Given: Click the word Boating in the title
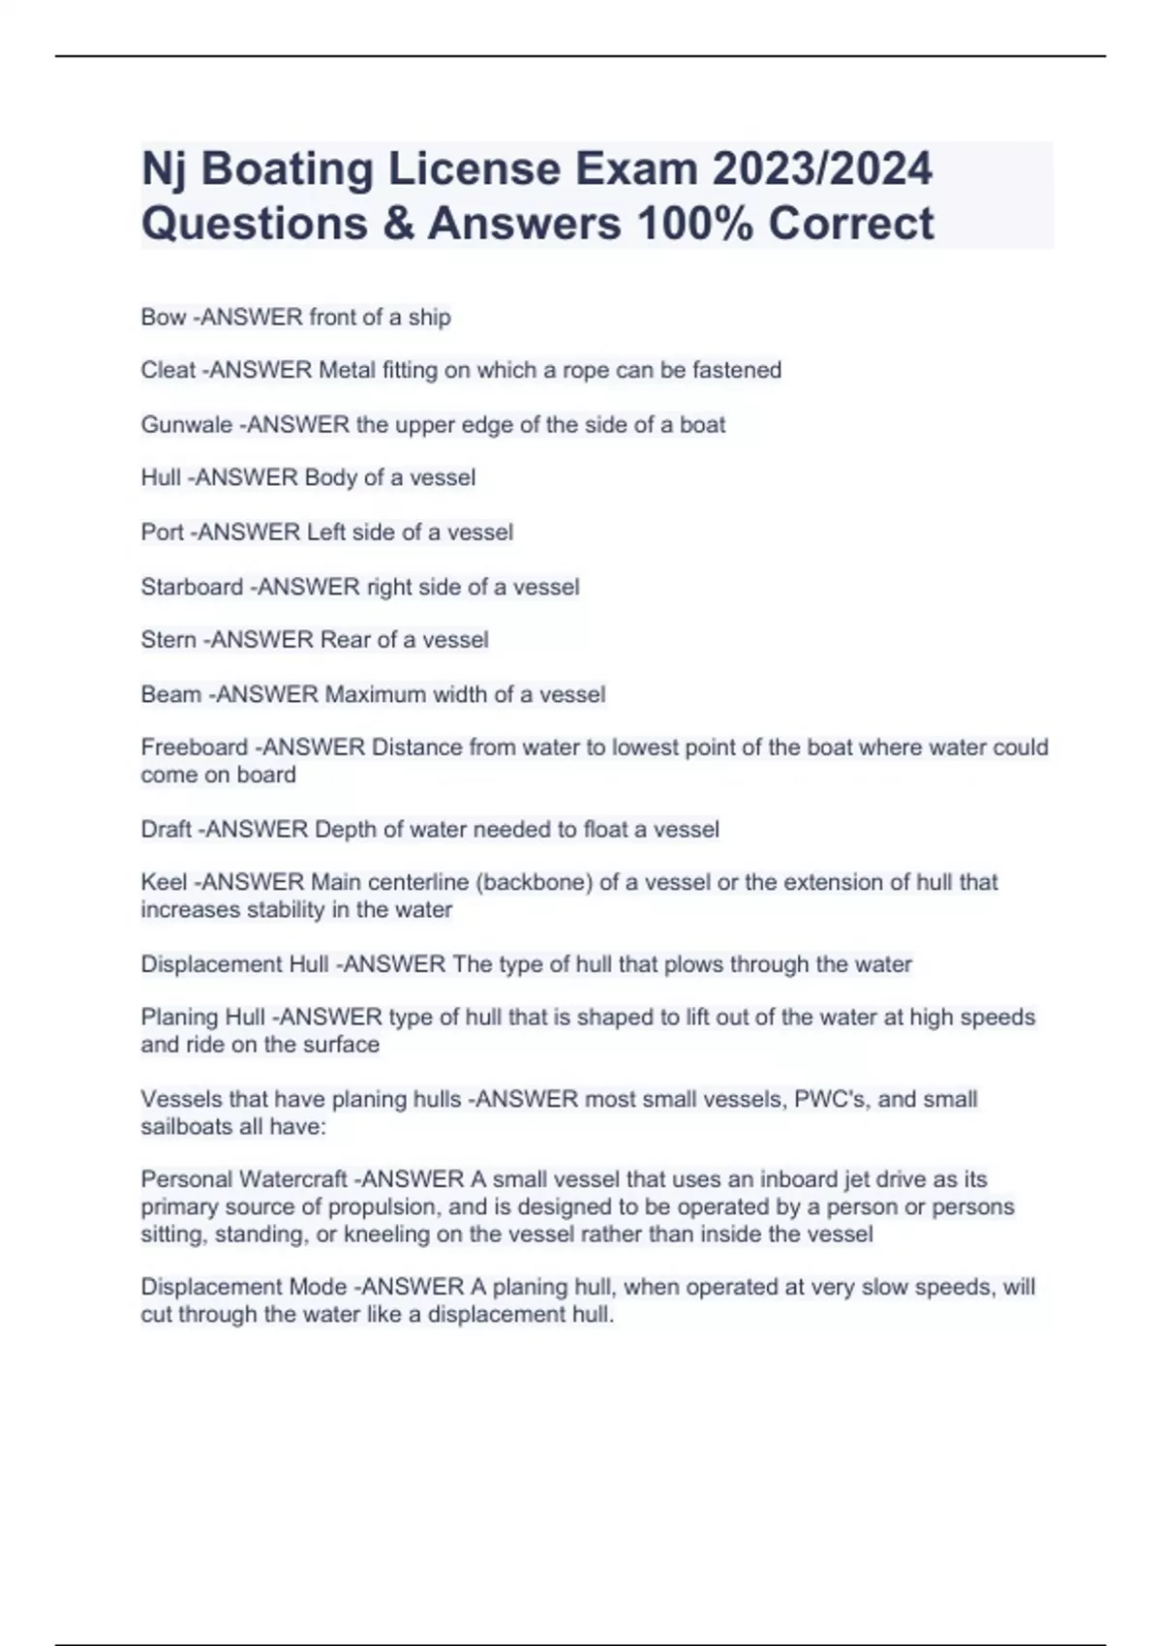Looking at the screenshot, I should [x=287, y=169].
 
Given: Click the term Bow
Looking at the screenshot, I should [x=163, y=318].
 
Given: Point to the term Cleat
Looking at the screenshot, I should [x=168, y=371].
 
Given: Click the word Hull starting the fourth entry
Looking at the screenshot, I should [x=161, y=478].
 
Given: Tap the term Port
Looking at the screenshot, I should [x=162, y=533].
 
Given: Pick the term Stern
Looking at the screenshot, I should [x=168, y=640].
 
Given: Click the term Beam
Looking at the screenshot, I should [x=170, y=694].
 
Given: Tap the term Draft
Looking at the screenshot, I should [x=166, y=830].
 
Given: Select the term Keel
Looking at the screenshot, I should [x=164, y=882].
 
